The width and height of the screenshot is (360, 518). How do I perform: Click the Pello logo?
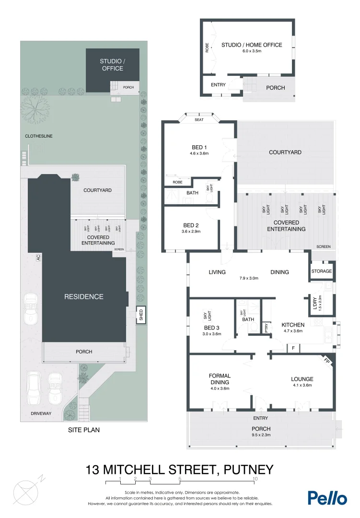(x=327, y=497)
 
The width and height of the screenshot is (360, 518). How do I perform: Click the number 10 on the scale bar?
(x=255, y=479)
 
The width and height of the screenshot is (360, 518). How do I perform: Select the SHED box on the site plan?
(x=141, y=315)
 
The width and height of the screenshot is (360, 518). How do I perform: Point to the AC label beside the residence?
(x=38, y=258)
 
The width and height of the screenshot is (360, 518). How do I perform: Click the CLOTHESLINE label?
(x=39, y=136)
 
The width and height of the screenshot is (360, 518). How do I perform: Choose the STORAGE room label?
(x=322, y=271)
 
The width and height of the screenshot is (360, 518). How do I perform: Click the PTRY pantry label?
(x=267, y=329)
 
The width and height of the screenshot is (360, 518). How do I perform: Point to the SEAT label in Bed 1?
(x=199, y=120)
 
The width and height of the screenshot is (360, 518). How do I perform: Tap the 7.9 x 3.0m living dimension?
(x=249, y=278)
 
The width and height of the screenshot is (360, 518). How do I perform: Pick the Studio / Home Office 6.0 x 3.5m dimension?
(x=252, y=51)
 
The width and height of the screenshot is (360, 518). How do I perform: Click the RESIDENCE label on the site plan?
(x=84, y=296)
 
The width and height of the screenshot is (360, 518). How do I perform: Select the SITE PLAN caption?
(x=84, y=430)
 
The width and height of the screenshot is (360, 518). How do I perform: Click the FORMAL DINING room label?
(x=220, y=379)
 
